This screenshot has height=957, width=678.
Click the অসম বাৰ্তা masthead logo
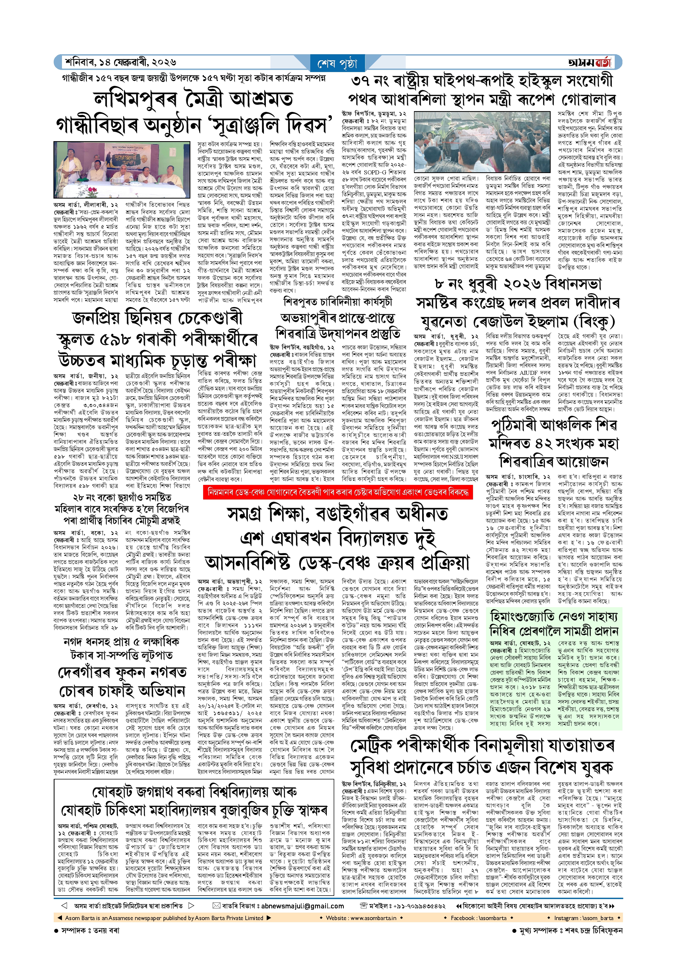pyautogui.click(x=589, y=62)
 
